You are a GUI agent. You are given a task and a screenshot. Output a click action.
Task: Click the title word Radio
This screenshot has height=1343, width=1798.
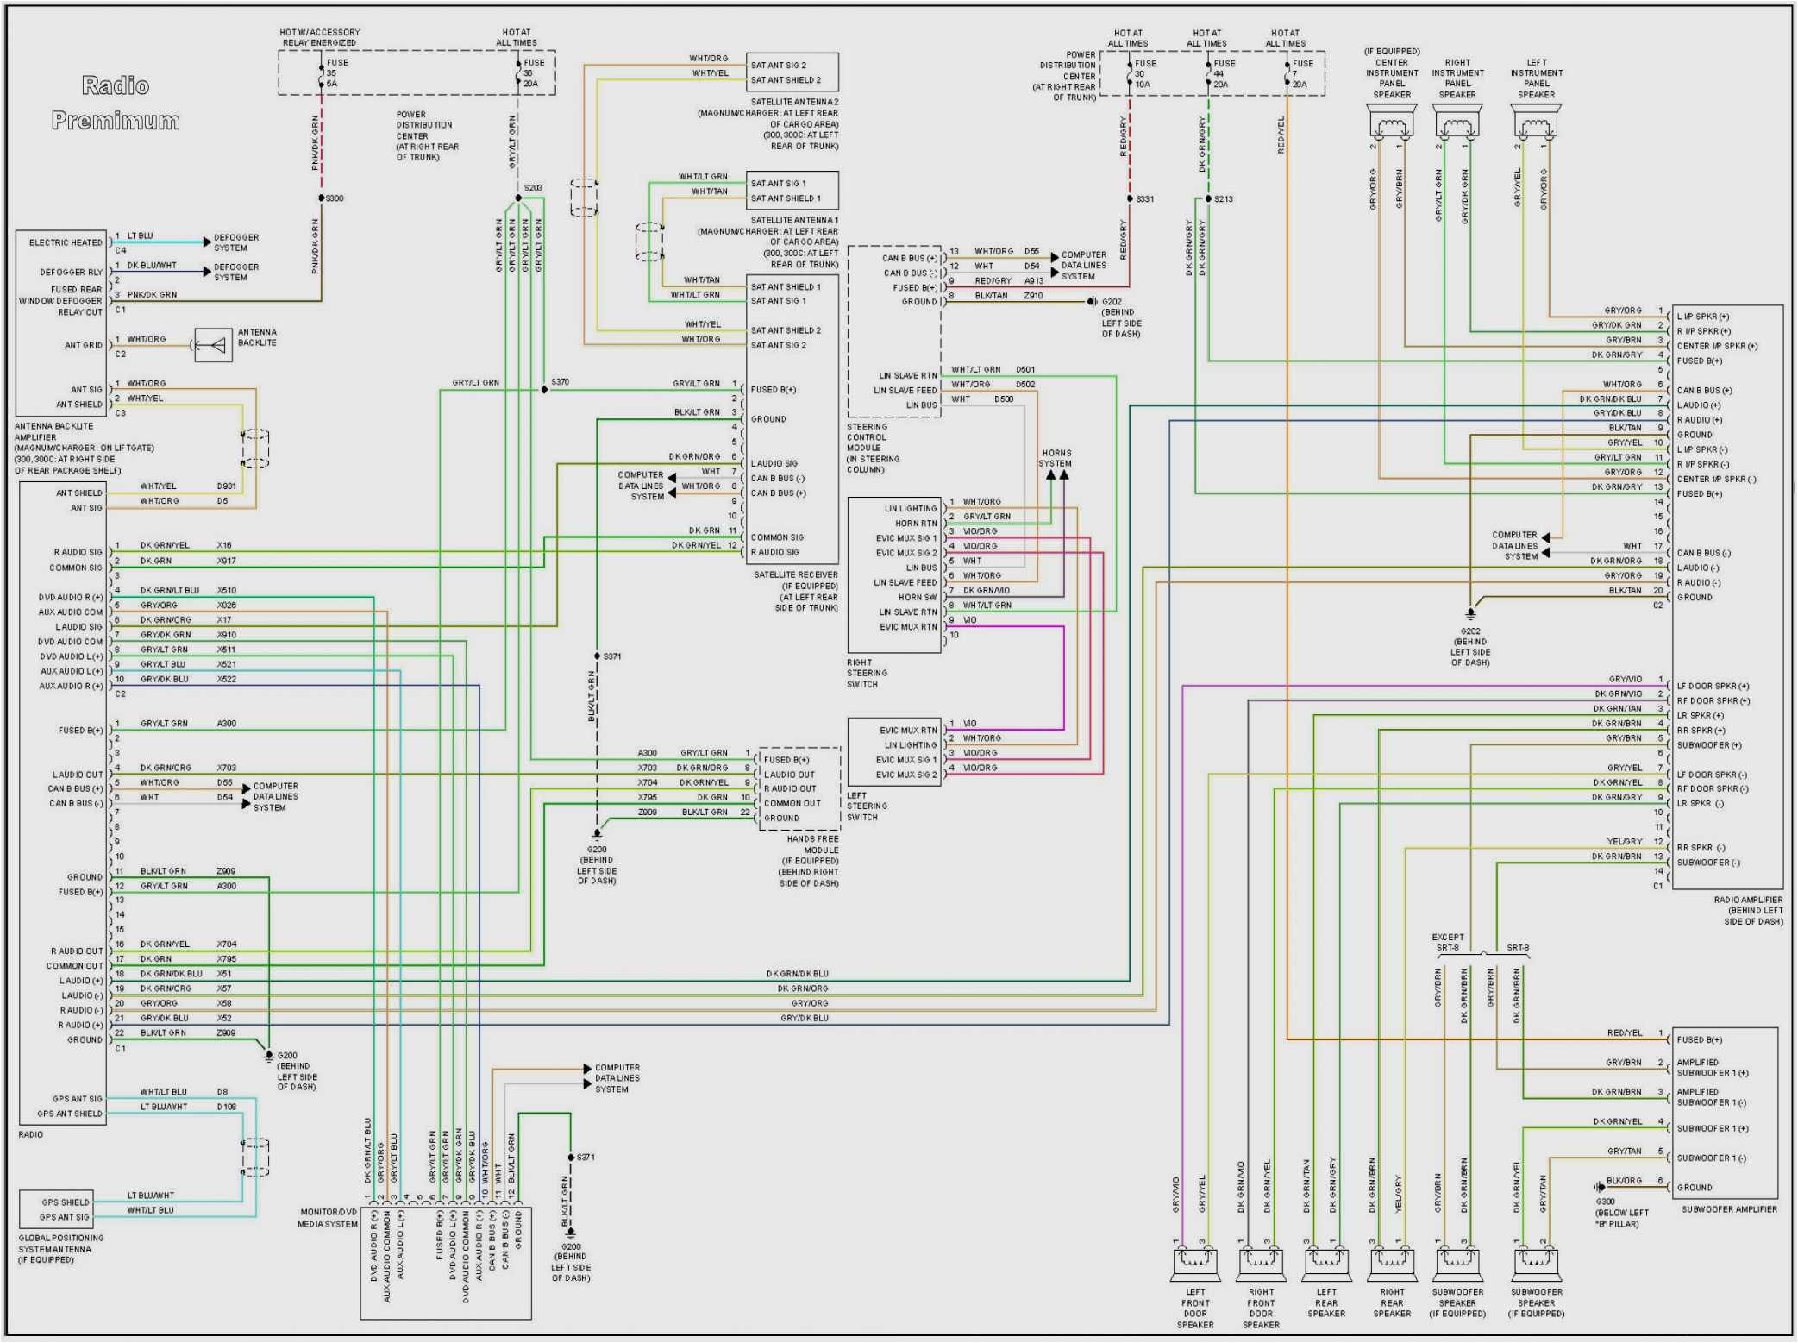tap(116, 85)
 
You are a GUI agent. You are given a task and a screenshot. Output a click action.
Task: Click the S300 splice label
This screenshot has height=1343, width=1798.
tap(334, 198)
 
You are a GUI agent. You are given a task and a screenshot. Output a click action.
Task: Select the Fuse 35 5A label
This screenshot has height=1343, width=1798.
tap(336, 73)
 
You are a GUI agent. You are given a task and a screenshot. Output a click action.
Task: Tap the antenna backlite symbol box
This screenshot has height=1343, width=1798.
tap(213, 345)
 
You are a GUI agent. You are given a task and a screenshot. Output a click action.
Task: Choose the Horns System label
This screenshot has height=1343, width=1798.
tap(1056, 458)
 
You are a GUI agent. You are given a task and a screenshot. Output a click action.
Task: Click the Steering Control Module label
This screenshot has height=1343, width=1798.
tap(873, 449)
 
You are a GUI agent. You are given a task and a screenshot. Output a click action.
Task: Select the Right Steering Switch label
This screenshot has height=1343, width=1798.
tap(866, 674)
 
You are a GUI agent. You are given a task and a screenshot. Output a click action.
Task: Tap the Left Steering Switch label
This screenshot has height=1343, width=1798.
tap(866, 806)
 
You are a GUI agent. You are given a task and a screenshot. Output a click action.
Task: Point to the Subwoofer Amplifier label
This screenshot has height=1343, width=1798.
tap(1728, 1209)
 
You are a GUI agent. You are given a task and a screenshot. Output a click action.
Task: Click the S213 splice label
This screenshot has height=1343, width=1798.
tap(1223, 199)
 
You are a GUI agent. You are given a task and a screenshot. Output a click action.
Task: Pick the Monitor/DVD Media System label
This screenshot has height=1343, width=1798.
tap(327, 1218)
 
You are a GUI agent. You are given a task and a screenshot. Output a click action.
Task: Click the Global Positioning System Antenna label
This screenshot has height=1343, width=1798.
tap(60, 1249)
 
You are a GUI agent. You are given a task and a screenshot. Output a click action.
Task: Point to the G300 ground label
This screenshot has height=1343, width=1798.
tap(1606, 1202)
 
